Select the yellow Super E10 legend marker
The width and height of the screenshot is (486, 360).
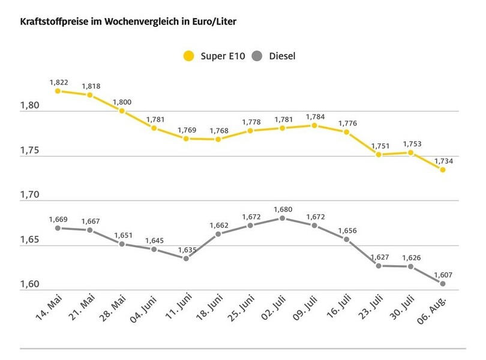[x=189, y=56]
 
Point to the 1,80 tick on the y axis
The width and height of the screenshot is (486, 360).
[x=30, y=106]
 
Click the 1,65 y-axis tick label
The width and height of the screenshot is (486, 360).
[x=30, y=240]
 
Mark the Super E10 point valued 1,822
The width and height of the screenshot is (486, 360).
[x=58, y=91]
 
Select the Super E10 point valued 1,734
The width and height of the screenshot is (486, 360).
[x=443, y=170]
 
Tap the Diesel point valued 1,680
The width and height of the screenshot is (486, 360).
[x=282, y=218]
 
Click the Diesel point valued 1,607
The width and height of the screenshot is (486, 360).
[x=443, y=283]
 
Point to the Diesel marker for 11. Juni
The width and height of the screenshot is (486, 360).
[x=186, y=259]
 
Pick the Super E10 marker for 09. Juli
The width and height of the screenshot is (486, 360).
[x=314, y=125]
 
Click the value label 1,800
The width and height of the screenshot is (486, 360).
[x=122, y=102]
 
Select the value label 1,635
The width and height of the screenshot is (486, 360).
[x=186, y=250]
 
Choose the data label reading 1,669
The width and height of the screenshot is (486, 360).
[x=58, y=219]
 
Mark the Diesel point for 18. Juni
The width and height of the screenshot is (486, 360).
[x=218, y=234]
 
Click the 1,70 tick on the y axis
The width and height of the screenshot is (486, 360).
[x=30, y=195]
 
